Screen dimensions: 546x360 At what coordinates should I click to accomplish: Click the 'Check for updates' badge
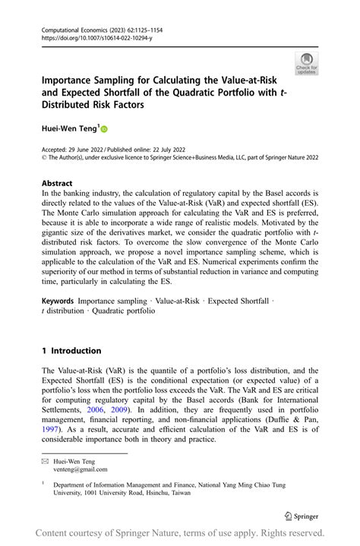pos(307,63)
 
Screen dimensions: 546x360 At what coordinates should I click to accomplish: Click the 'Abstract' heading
pos(57,183)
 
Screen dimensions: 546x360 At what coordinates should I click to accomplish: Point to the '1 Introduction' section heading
pos(71,350)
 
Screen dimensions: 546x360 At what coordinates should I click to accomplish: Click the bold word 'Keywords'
pos(58,301)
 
